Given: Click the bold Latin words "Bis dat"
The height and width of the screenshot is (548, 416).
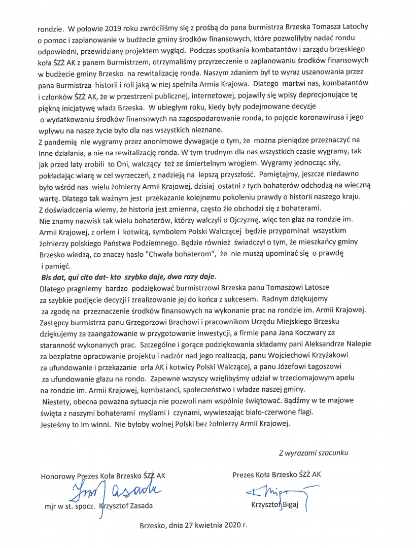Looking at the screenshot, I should tap(55, 277).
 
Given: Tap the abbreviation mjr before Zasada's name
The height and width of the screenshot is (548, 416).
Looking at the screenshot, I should tap(50, 506).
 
